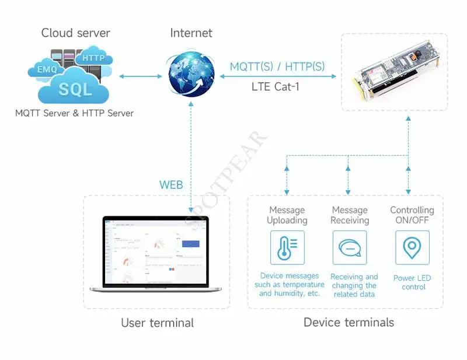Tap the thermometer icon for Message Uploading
[287, 247]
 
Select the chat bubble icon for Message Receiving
[350, 247]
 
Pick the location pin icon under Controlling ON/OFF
[412, 247]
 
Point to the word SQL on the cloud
[75, 89]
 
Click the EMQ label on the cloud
[47, 70]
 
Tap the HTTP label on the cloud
[93, 58]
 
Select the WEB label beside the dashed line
[171, 186]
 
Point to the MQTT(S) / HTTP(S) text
[277, 67]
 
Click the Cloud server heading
[75, 33]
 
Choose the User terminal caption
[157, 323]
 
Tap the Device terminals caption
[348, 322]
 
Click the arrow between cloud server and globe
[140, 76]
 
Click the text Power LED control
[412, 282]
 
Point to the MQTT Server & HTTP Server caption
[75, 113]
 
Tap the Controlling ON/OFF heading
[412, 215]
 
